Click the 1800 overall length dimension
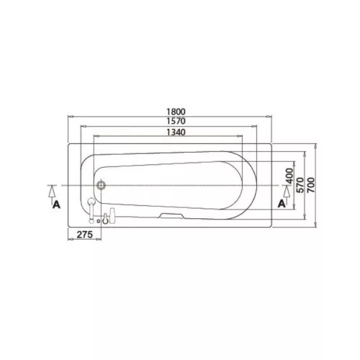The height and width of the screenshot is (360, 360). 176,112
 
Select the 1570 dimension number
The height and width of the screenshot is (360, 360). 176,121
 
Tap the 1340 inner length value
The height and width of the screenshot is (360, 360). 176,132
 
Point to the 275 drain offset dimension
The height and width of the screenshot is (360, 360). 84,234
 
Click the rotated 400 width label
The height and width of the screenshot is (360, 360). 290,176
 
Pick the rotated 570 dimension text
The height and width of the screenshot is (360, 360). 300,185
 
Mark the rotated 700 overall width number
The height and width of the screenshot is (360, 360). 310,185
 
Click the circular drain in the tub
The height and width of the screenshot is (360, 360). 101,185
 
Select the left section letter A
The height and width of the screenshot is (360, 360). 56,204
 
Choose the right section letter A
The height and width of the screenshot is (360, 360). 282,204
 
